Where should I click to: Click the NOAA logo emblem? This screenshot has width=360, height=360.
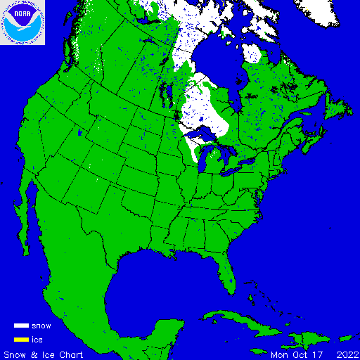23,22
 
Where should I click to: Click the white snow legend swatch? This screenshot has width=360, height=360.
21,326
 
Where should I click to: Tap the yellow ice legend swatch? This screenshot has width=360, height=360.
21,340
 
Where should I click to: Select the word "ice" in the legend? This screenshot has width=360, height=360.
37,340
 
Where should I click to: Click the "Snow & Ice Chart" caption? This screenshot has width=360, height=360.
44,354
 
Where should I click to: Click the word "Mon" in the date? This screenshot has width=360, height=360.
280,354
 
